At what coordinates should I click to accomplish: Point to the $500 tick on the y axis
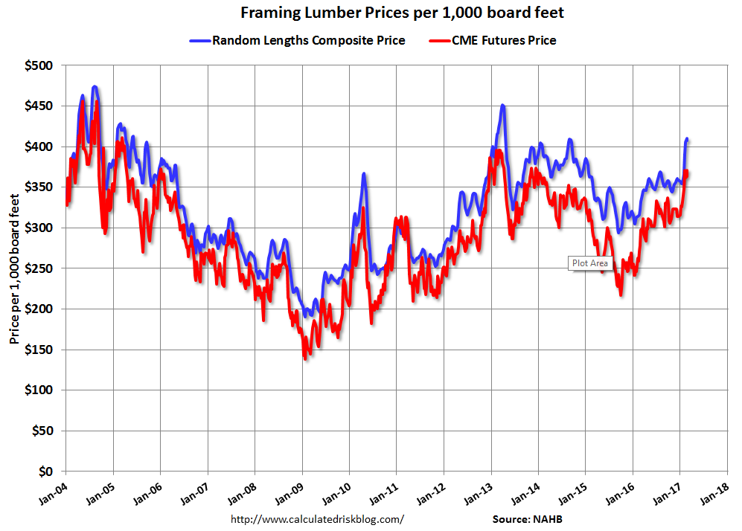pyautogui.click(x=40, y=66)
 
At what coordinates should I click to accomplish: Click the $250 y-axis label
pyautogui.click(x=40, y=268)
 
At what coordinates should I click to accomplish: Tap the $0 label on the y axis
pyautogui.click(x=46, y=472)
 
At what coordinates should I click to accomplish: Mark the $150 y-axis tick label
pyautogui.click(x=40, y=350)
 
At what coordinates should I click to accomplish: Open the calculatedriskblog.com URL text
pyautogui.click(x=318, y=518)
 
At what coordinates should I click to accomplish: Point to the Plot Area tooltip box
pyautogui.click(x=589, y=263)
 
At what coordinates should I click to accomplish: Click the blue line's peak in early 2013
pyautogui.click(x=503, y=106)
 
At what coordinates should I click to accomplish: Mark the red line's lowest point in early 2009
pyautogui.click(x=305, y=358)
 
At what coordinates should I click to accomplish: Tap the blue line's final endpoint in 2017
pyautogui.click(x=687, y=139)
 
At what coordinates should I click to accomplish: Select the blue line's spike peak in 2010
pyautogui.click(x=364, y=174)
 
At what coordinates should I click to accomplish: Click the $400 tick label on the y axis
pyautogui.click(x=40, y=147)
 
